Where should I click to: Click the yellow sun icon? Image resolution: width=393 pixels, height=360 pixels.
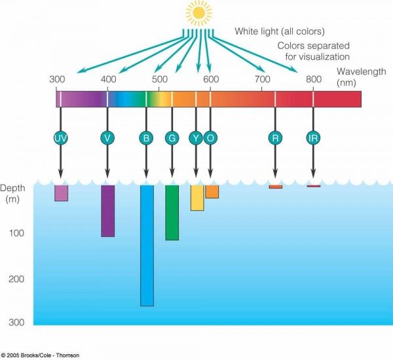(x=199, y=12)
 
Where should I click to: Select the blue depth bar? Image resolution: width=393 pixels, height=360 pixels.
(x=147, y=245)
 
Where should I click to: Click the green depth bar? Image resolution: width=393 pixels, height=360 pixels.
(x=172, y=213)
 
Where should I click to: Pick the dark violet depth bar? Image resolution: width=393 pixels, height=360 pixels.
(x=108, y=211)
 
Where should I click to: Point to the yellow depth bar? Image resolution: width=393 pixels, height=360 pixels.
(x=197, y=198)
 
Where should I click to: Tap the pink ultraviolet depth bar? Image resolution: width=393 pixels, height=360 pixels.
(x=61, y=193)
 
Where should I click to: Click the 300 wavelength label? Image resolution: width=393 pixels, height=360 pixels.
(x=57, y=79)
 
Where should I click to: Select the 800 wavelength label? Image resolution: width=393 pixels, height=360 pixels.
(x=314, y=79)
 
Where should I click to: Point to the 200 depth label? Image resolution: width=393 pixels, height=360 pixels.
(x=16, y=279)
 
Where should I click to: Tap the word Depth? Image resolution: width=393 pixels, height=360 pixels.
(x=13, y=188)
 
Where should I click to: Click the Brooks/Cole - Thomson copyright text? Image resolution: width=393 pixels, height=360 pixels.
(x=41, y=355)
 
